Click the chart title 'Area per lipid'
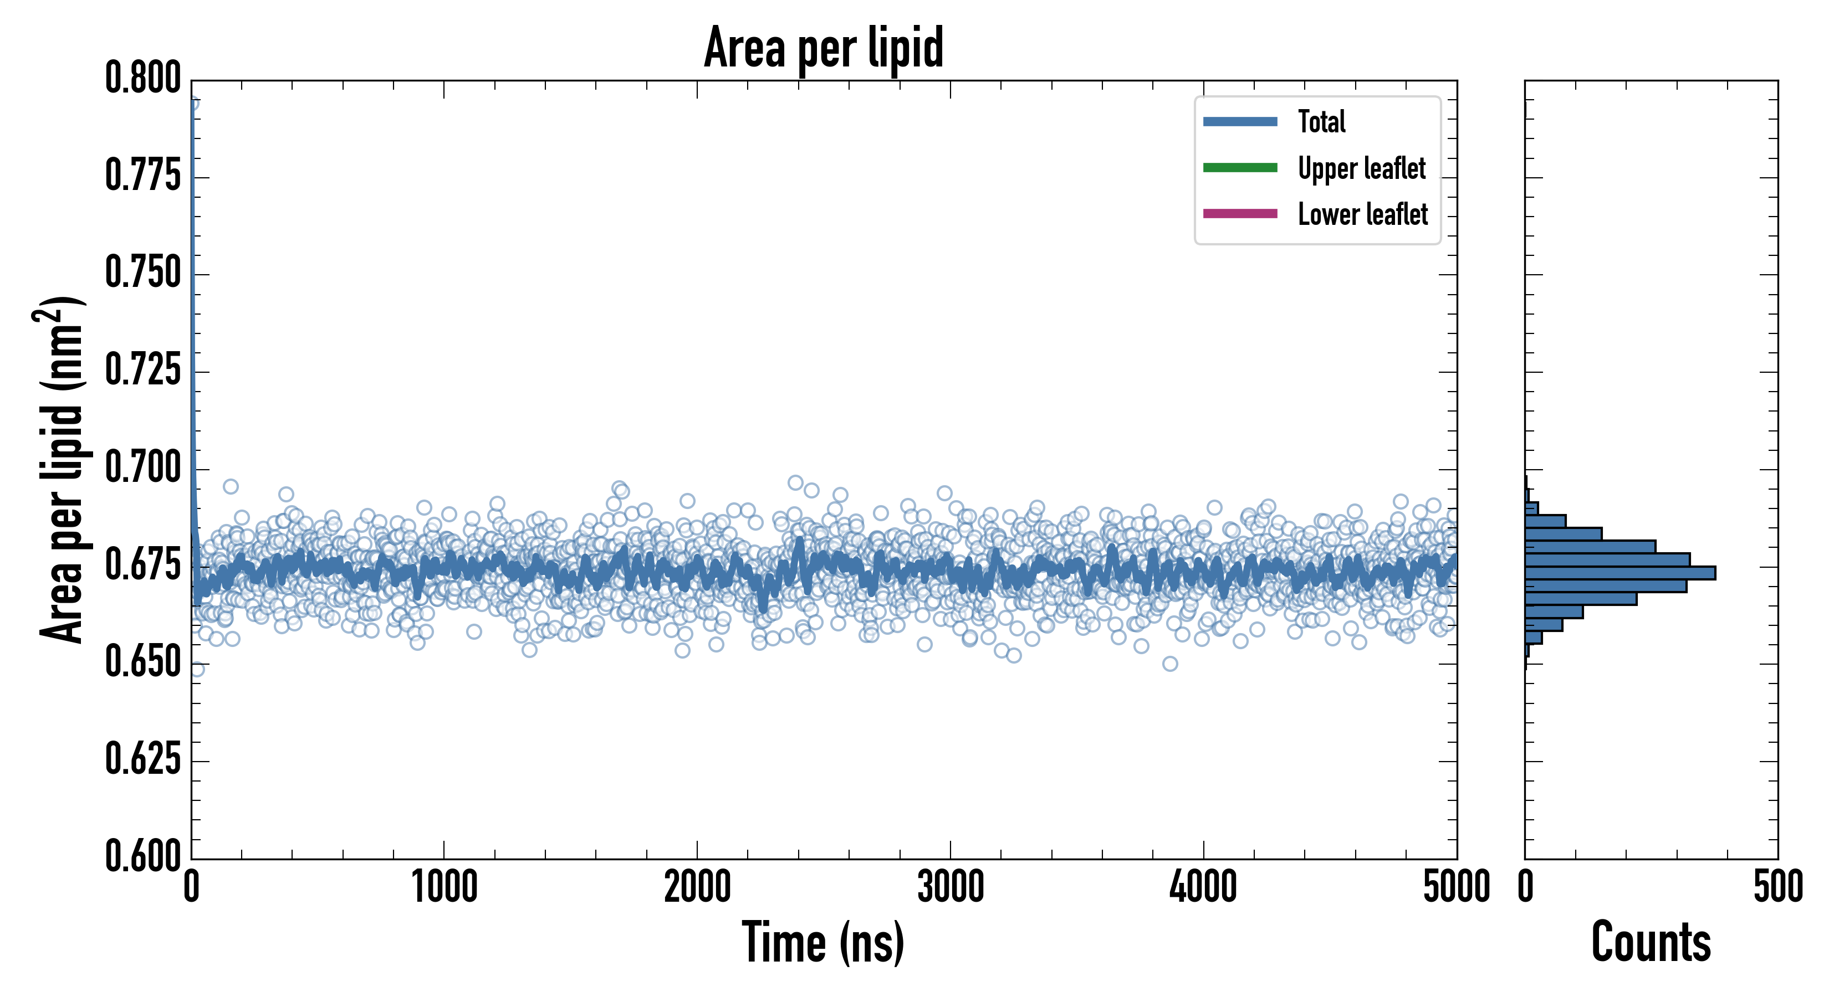pos(823,48)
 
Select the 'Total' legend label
pos(1321,122)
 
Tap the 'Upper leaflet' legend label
pos(1361,169)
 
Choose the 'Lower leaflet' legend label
pos(1362,214)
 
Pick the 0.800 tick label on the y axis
pos(142,78)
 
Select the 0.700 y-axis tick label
pos(142,469)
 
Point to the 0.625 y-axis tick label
pos(142,760)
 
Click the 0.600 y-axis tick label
pos(142,856)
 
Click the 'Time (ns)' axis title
pos(823,942)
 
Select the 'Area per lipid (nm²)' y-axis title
pos(61,469)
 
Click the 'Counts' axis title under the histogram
pos(1651,942)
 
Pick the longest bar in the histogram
pos(1619,573)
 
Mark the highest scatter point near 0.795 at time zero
pos(192,104)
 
